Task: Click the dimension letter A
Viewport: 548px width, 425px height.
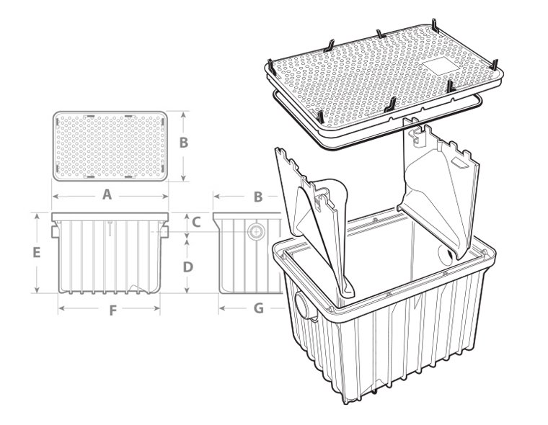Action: point(107,194)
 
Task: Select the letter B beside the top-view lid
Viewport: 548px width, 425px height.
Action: point(184,143)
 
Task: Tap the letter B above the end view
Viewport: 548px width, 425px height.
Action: point(258,197)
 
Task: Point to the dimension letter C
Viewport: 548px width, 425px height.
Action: point(196,222)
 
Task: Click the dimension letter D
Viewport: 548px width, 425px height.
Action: point(188,267)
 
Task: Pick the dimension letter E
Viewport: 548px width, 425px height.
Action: point(36,252)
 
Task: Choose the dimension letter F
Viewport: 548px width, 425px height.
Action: point(112,310)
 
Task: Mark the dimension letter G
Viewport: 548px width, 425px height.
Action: point(258,308)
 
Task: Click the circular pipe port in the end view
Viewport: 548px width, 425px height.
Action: point(256,231)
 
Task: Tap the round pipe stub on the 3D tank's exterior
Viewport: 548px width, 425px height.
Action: point(305,305)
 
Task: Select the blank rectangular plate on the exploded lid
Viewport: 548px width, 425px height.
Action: point(441,66)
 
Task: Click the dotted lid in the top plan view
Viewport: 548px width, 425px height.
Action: point(110,146)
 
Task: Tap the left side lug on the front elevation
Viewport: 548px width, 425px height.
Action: point(56,232)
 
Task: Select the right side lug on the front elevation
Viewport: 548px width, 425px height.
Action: point(164,232)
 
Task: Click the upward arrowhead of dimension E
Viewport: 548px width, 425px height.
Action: point(37,217)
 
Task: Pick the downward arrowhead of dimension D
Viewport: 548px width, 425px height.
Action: point(187,290)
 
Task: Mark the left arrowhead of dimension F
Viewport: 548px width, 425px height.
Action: point(62,308)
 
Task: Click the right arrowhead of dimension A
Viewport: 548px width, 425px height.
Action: point(164,196)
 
